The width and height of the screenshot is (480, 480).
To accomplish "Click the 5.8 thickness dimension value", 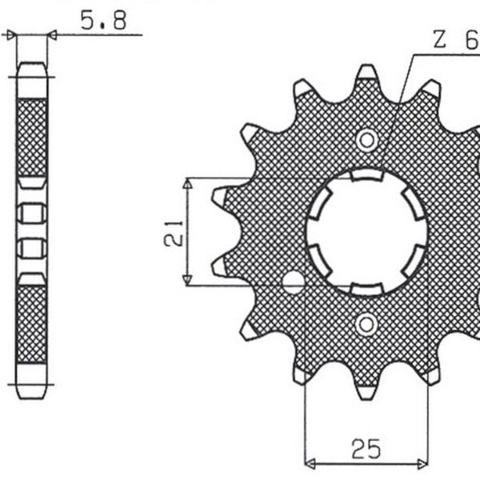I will pyautogui.click(x=103, y=21).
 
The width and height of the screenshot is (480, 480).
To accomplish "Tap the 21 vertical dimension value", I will pyautogui.click(x=177, y=231).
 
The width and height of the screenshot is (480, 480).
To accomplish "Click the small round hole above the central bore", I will pyautogui.click(x=366, y=140).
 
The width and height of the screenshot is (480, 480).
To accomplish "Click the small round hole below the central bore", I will pyautogui.click(x=366, y=324).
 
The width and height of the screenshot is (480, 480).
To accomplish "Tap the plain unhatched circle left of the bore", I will pyautogui.click(x=294, y=282).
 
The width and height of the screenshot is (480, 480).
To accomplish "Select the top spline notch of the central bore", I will pyautogui.click(x=366, y=175).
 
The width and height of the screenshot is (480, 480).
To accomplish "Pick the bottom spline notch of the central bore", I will pyautogui.click(x=366, y=288).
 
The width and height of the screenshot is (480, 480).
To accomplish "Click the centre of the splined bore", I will pyautogui.click(x=366, y=232).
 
